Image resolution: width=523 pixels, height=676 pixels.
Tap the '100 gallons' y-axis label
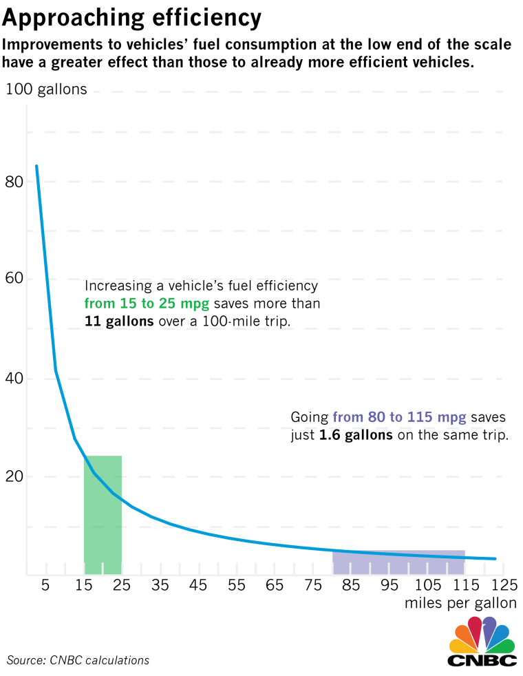pos(47,89)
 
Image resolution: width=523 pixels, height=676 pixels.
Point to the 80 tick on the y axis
pos(14,182)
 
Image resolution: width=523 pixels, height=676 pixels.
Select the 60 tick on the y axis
pos(14,279)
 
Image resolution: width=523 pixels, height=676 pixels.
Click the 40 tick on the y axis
pos(14,378)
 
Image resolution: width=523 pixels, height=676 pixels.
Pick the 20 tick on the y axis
pos(14,476)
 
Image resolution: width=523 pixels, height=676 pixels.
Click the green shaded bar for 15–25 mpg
pos(103,523)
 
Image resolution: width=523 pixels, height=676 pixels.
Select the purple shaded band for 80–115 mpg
pos(398,563)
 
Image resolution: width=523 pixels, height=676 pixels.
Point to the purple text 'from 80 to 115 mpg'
pos(399,417)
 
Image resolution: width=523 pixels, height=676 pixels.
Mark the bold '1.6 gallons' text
pos(356,436)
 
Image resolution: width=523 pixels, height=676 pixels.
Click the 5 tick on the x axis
pos(45,586)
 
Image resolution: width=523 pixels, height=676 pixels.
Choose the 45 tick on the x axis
pos(198,586)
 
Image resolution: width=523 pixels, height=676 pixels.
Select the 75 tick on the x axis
pos(313,586)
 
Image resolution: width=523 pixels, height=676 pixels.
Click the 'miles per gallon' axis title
pos(461,604)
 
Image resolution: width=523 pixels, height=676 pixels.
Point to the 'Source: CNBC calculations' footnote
pos(78,660)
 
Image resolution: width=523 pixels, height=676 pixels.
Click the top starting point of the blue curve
pos(36,166)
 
